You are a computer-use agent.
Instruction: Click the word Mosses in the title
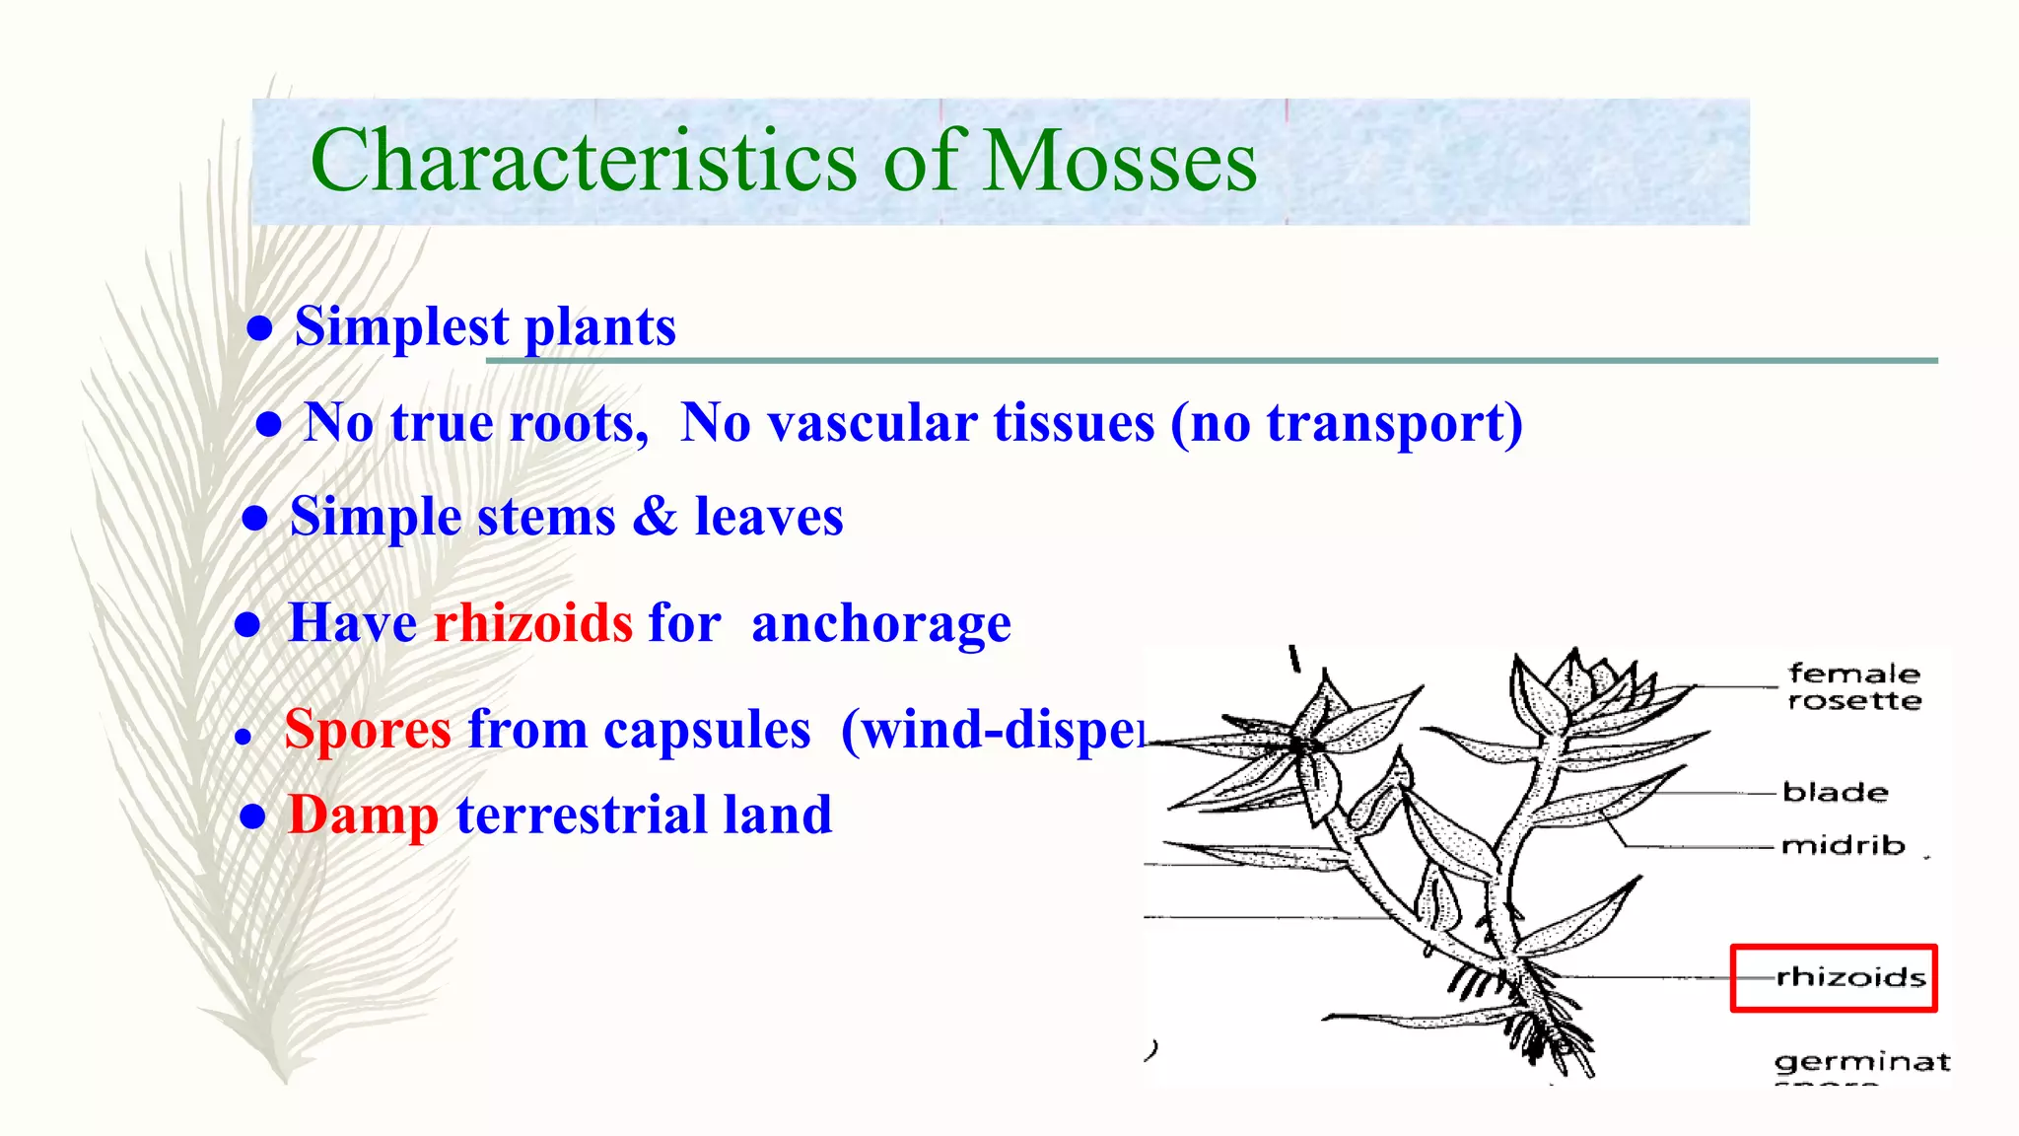pyautogui.click(x=1120, y=161)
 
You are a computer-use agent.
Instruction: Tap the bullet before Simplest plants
pyautogui.click(x=259, y=328)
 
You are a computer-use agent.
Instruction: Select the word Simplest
pyautogui.click(x=401, y=326)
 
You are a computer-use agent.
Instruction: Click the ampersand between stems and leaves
pyautogui.click(x=655, y=516)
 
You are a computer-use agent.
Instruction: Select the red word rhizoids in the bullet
pyautogui.click(x=532, y=623)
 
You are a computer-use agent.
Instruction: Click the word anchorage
pyautogui.click(x=880, y=623)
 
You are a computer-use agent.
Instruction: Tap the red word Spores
pyautogui.click(x=368, y=730)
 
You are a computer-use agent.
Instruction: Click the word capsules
pyautogui.click(x=706, y=730)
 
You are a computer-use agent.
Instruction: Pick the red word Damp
pyautogui.click(x=363, y=816)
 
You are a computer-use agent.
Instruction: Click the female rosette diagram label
pyautogui.click(x=1853, y=687)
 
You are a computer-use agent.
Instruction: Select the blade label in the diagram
pyautogui.click(x=1835, y=793)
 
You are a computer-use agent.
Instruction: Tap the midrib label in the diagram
pyautogui.click(x=1843, y=846)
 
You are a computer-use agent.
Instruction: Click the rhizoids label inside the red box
pyautogui.click(x=1849, y=977)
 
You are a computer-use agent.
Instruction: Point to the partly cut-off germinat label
pyautogui.click(x=1861, y=1062)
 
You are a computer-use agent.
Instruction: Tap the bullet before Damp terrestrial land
pyautogui.click(x=253, y=816)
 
